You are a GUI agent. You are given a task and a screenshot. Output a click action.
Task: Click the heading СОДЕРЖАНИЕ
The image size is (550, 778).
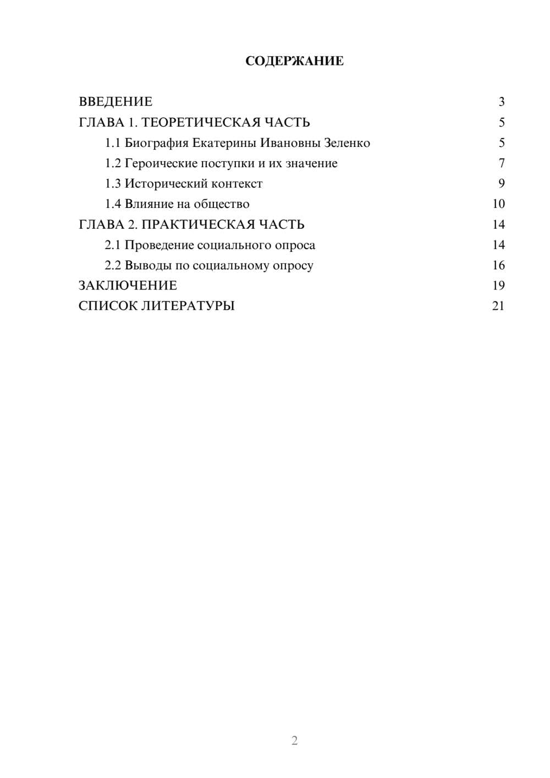(x=294, y=61)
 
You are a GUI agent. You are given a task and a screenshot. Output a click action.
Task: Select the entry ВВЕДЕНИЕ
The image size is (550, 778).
(x=116, y=102)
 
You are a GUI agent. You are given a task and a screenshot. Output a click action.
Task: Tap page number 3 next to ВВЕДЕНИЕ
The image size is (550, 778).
(x=502, y=102)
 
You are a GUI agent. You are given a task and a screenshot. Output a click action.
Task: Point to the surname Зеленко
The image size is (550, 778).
(x=347, y=143)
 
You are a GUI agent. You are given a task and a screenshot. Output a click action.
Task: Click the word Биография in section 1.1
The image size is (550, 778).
(x=156, y=143)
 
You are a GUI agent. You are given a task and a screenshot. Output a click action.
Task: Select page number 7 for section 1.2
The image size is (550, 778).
(x=502, y=163)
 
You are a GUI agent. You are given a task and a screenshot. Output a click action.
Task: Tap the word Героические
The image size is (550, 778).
(x=161, y=163)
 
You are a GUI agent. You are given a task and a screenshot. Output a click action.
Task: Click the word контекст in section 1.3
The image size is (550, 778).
(x=237, y=184)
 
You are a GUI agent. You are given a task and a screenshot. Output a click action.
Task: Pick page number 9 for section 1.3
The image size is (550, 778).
(x=502, y=184)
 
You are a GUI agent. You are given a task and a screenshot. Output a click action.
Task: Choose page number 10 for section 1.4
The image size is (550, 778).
(x=498, y=204)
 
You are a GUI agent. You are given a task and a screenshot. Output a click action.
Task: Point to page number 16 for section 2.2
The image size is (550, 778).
(x=498, y=266)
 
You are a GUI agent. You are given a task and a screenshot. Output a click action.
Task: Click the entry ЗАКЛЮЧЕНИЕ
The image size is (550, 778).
(x=128, y=286)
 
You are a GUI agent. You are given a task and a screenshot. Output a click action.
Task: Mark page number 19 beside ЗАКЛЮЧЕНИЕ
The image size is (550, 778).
(x=498, y=286)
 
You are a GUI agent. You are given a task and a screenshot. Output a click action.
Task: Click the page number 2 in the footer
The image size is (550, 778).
(x=294, y=741)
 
